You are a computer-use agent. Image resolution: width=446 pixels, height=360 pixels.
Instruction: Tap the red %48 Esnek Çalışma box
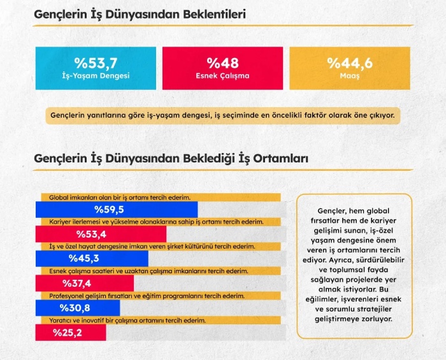coord(222,68)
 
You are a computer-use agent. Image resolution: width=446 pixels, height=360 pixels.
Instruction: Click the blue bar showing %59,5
coord(117,210)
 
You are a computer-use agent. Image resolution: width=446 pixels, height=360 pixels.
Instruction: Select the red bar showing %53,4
coord(101,234)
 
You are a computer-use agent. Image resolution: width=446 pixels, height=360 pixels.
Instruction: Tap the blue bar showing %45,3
coord(92,258)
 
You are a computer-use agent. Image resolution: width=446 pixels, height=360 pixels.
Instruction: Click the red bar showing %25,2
coord(70,332)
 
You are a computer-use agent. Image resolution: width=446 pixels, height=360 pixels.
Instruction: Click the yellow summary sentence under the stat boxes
coord(222,115)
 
